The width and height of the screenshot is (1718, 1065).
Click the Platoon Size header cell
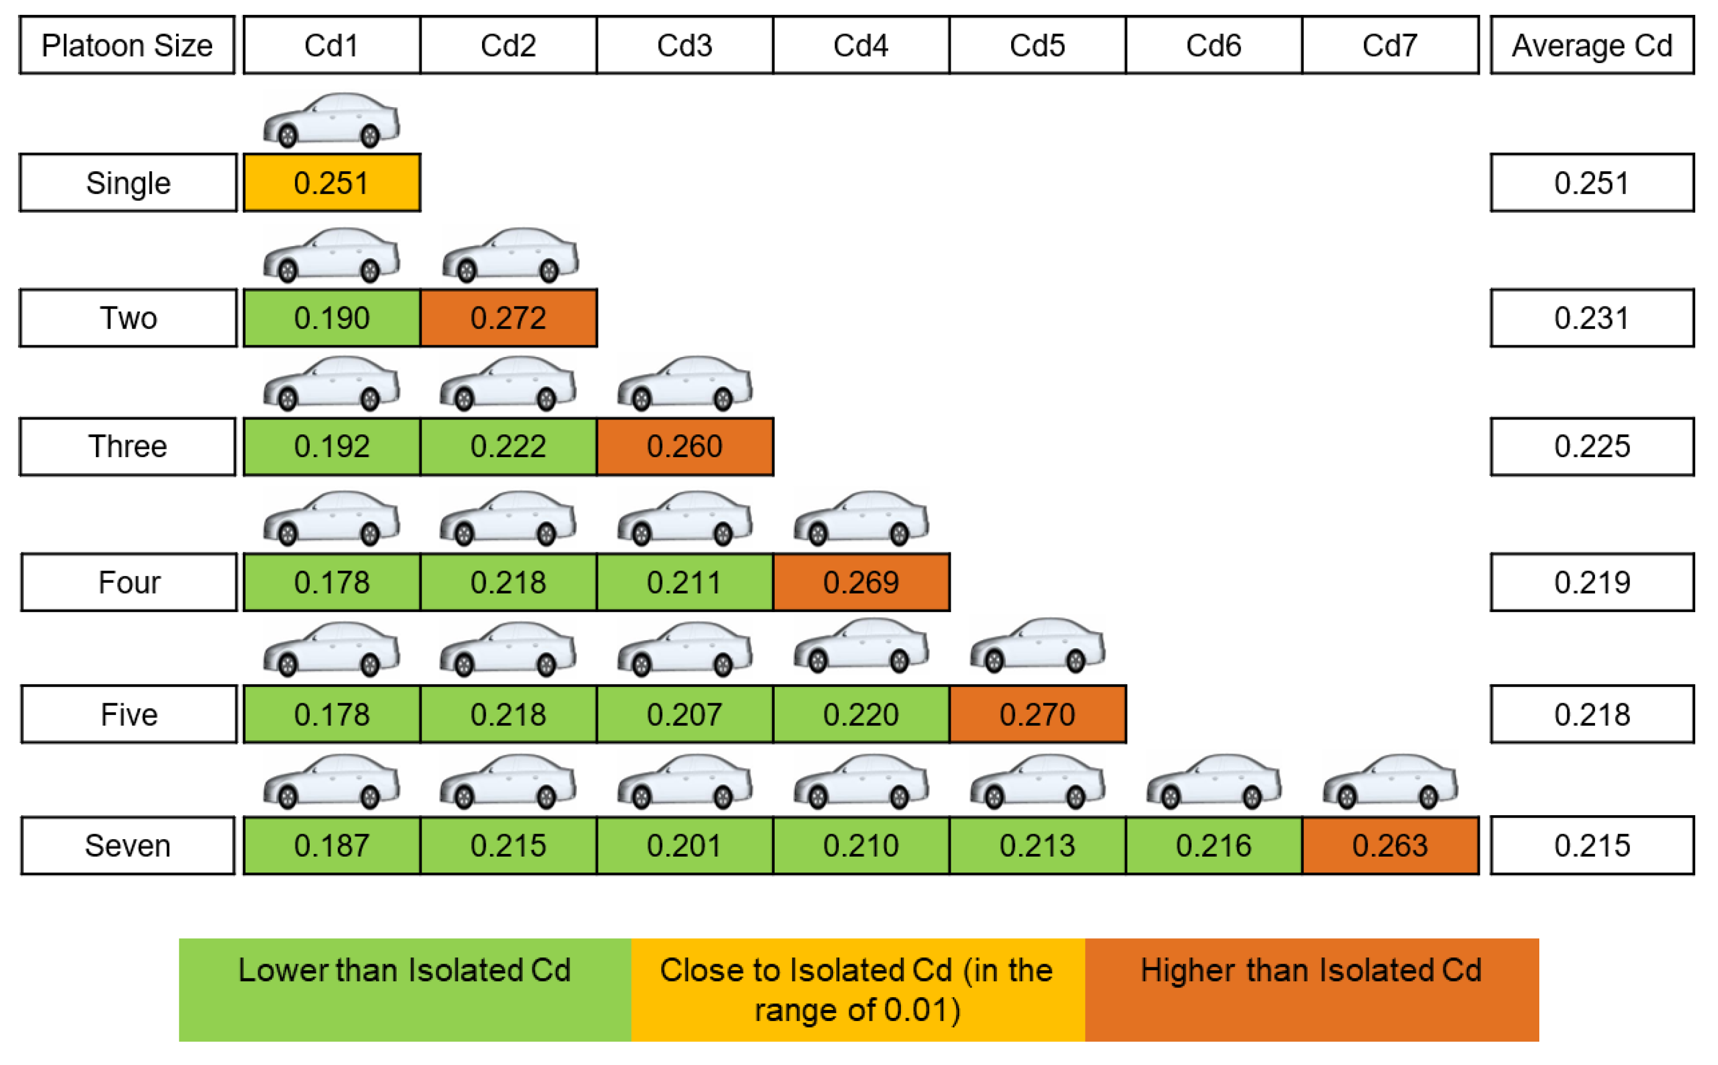(x=127, y=45)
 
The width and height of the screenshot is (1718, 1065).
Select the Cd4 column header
(x=861, y=45)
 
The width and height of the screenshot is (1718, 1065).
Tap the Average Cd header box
(x=1591, y=45)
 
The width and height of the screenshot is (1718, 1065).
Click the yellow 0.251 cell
(x=331, y=182)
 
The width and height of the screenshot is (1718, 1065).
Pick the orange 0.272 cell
(x=509, y=318)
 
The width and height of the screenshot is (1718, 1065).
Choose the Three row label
(x=127, y=447)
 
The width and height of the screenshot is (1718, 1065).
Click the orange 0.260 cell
(x=685, y=447)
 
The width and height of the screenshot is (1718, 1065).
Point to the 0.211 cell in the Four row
(x=685, y=582)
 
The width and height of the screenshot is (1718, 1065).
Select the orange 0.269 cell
(x=861, y=582)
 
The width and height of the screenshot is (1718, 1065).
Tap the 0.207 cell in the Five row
(x=685, y=714)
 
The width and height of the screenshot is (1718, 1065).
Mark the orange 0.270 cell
(x=1037, y=714)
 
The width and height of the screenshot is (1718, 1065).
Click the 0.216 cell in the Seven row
(x=1213, y=845)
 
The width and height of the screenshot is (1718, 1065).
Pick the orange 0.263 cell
(x=1390, y=845)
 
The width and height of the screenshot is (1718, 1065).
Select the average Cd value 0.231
(x=1591, y=318)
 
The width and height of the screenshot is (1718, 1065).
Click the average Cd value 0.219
(x=1591, y=582)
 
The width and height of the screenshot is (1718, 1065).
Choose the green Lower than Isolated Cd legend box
(x=405, y=989)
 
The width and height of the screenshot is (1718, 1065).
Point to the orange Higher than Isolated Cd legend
(x=1311, y=989)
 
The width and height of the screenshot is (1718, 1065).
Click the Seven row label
(x=127, y=845)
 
